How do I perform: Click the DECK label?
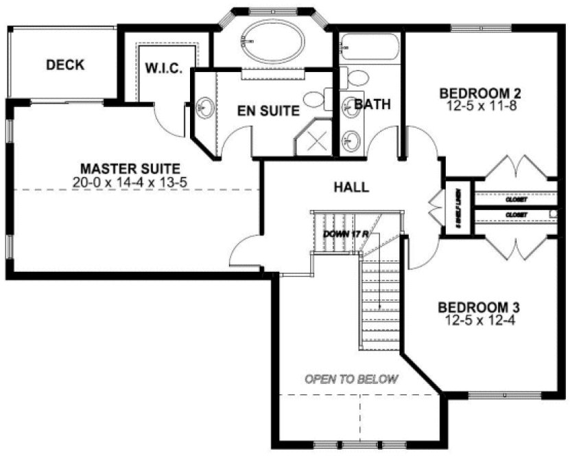(x=65, y=65)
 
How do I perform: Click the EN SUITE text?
(x=268, y=110)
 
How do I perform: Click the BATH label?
(x=372, y=104)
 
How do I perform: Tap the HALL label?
(x=351, y=187)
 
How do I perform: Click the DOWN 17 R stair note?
(x=346, y=234)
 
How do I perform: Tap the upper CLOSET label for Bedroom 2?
(x=516, y=200)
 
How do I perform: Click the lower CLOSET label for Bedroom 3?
(x=516, y=215)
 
